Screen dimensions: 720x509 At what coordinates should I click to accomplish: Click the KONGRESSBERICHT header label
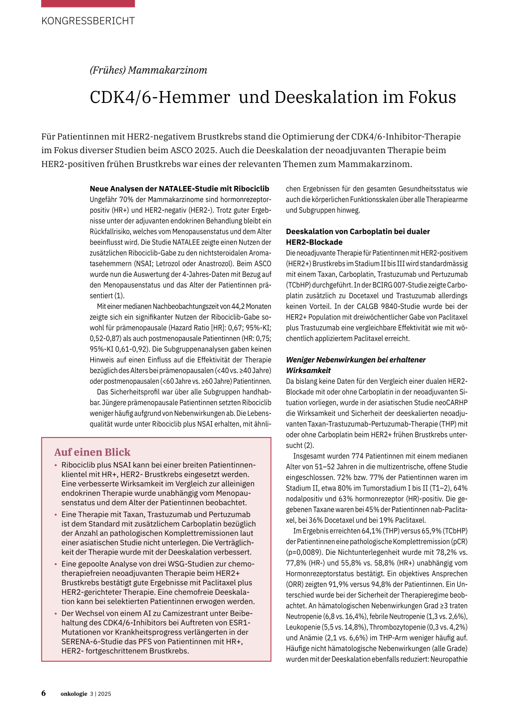pyautogui.click(x=88, y=21)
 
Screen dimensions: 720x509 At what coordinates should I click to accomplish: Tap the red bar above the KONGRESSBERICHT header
pyautogui.click(x=88, y=3)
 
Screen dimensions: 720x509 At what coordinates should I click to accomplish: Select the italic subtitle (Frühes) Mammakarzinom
pyautogui.click(x=148, y=70)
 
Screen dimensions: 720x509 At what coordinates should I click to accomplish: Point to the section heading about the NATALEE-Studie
pyautogui.click(x=179, y=188)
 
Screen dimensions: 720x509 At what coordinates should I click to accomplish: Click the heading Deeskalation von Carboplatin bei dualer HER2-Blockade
pyautogui.click(x=357, y=237)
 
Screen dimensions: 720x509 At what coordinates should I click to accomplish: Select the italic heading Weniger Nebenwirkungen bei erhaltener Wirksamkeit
pyautogui.click(x=355, y=365)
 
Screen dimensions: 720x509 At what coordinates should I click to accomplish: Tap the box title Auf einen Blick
pyautogui.click(x=92, y=452)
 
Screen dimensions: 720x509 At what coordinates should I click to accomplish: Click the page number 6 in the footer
pyautogui.click(x=44, y=693)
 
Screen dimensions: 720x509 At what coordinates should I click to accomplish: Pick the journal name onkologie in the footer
pyautogui.click(x=74, y=694)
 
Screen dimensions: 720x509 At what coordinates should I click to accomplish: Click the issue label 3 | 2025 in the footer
pyautogui.click(x=100, y=694)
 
